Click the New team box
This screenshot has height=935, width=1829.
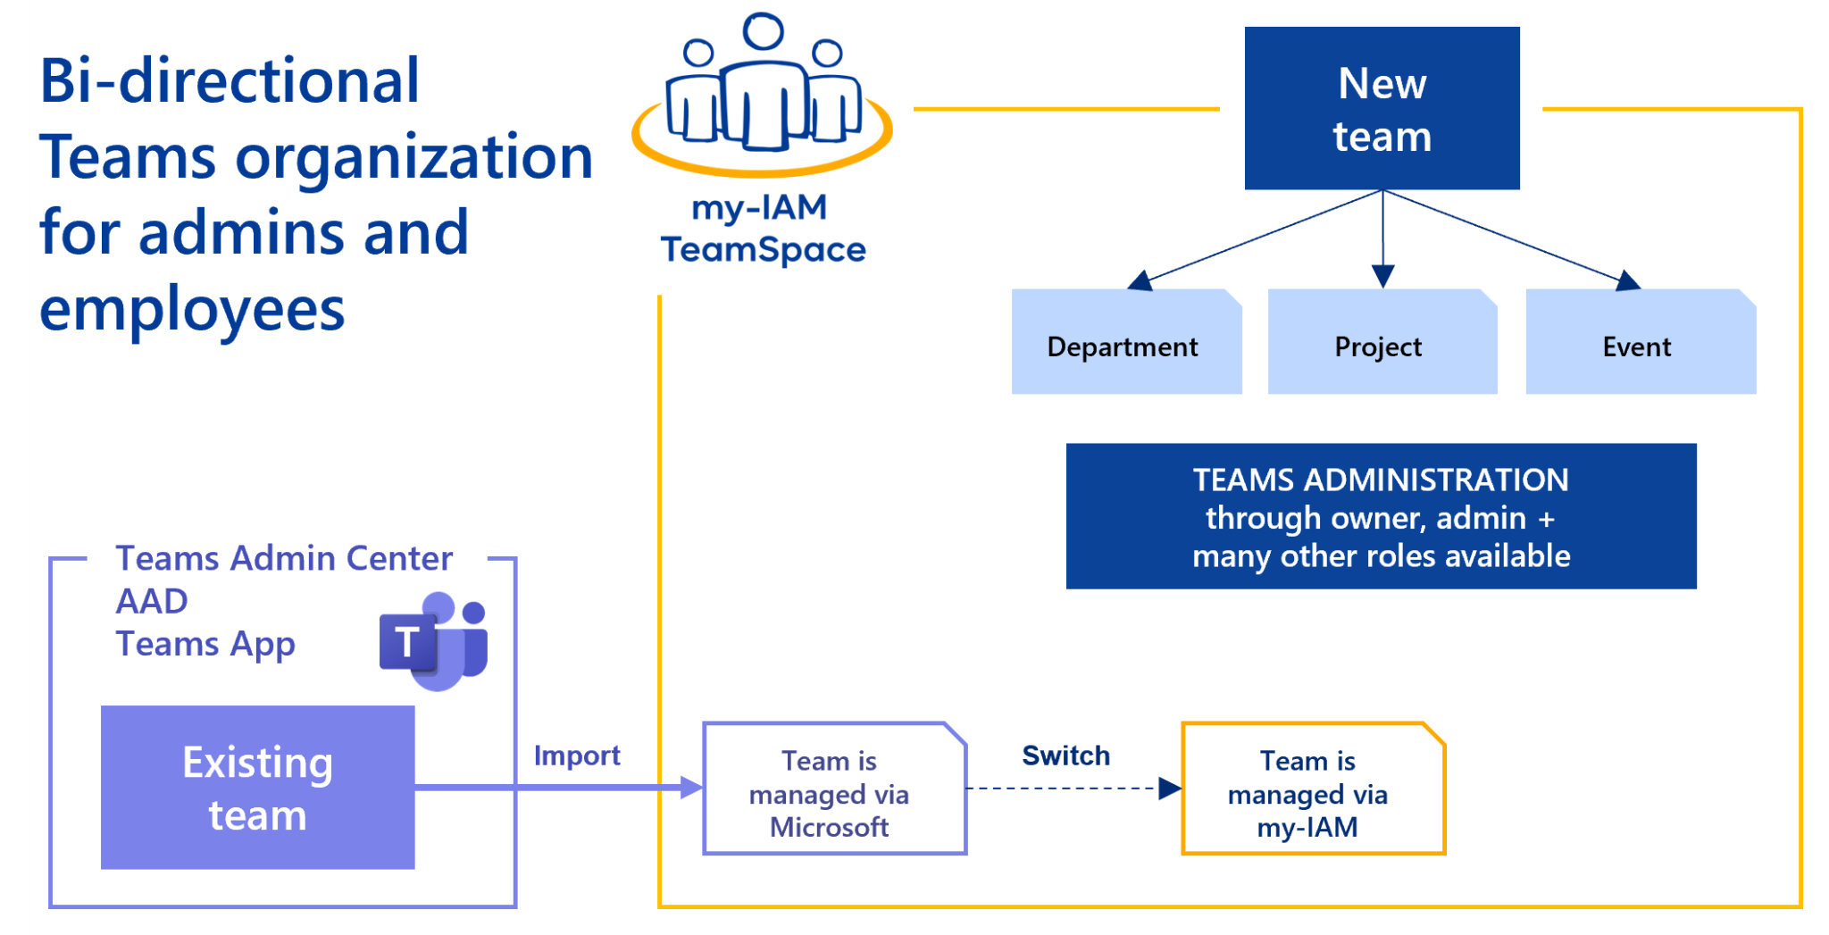(x=1382, y=108)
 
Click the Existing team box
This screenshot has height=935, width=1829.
(x=257, y=788)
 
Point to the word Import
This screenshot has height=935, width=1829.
(x=577, y=756)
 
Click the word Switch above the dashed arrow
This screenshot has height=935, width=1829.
(x=1065, y=756)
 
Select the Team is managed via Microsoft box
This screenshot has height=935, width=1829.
(x=834, y=790)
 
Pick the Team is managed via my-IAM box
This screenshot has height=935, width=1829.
(x=1312, y=790)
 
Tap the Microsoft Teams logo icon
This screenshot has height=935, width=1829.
(x=435, y=641)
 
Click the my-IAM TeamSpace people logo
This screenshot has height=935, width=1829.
(x=762, y=93)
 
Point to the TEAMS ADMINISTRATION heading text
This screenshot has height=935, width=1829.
(x=1381, y=480)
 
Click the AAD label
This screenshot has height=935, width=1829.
(x=152, y=602)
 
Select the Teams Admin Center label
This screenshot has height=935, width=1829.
(x=284, y=559)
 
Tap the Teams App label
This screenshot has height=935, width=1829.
(x=205, y=645)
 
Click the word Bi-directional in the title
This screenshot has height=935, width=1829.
(x=230, y=81)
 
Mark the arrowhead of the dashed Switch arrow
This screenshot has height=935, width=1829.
(x=1170, y=789)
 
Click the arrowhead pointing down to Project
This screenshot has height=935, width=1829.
(x=1382, y=276)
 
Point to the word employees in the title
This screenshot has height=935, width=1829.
(x=192, y=310)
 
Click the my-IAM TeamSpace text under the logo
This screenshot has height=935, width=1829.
(x=763, y=230)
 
